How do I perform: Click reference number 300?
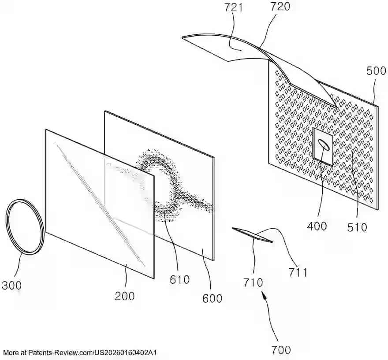(x=11, y=286)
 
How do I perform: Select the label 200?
(x=125, y=296)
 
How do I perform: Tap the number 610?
(x=179, y=280)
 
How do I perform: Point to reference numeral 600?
(x=213, y=298)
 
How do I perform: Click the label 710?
(x=253, y=282)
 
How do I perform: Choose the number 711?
(x=298, y=272)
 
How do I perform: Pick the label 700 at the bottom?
(x=281, y=350)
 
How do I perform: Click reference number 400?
(x=317, y=226)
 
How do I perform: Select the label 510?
(x=357, y=227)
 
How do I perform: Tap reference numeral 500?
(x=376, y=71)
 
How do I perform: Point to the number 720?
(x=280, y=7)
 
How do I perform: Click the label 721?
(x=234, y=7)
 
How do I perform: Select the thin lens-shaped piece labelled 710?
(x=252, y=235)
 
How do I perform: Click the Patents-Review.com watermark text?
(x=80, y=353)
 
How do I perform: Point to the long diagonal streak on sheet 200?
(x=100, y=205)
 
